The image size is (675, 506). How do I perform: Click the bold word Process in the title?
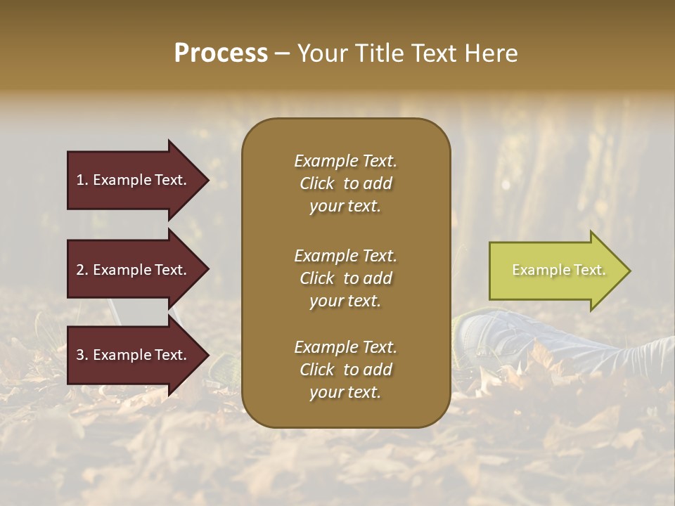221,53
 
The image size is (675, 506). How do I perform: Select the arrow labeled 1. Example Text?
134,180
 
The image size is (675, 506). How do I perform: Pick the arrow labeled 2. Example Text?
134,270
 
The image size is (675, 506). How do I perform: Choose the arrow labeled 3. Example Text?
134,355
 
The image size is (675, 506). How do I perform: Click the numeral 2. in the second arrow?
82,270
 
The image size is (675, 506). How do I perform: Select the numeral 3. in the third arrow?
82,355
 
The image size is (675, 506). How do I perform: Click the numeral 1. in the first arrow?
82,180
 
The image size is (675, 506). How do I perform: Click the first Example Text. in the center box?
345,161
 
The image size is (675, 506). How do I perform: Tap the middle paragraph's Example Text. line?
345,256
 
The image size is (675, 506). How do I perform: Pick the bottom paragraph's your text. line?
345,393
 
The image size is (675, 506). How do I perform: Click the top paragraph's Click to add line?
345,183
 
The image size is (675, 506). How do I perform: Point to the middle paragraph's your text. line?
345,301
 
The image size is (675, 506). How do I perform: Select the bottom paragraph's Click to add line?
345,370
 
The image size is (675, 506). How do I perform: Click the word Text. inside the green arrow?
590,270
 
